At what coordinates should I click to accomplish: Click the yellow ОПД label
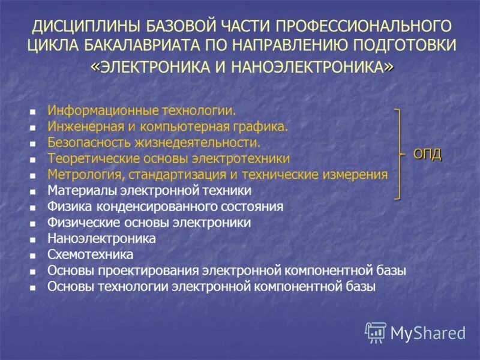point(427,154)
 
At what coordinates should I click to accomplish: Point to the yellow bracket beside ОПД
point(398,154)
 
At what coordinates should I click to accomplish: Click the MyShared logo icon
point(376,332)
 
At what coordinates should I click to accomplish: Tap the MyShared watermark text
point(428,332)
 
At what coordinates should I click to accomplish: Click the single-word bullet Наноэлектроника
point(101,238)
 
